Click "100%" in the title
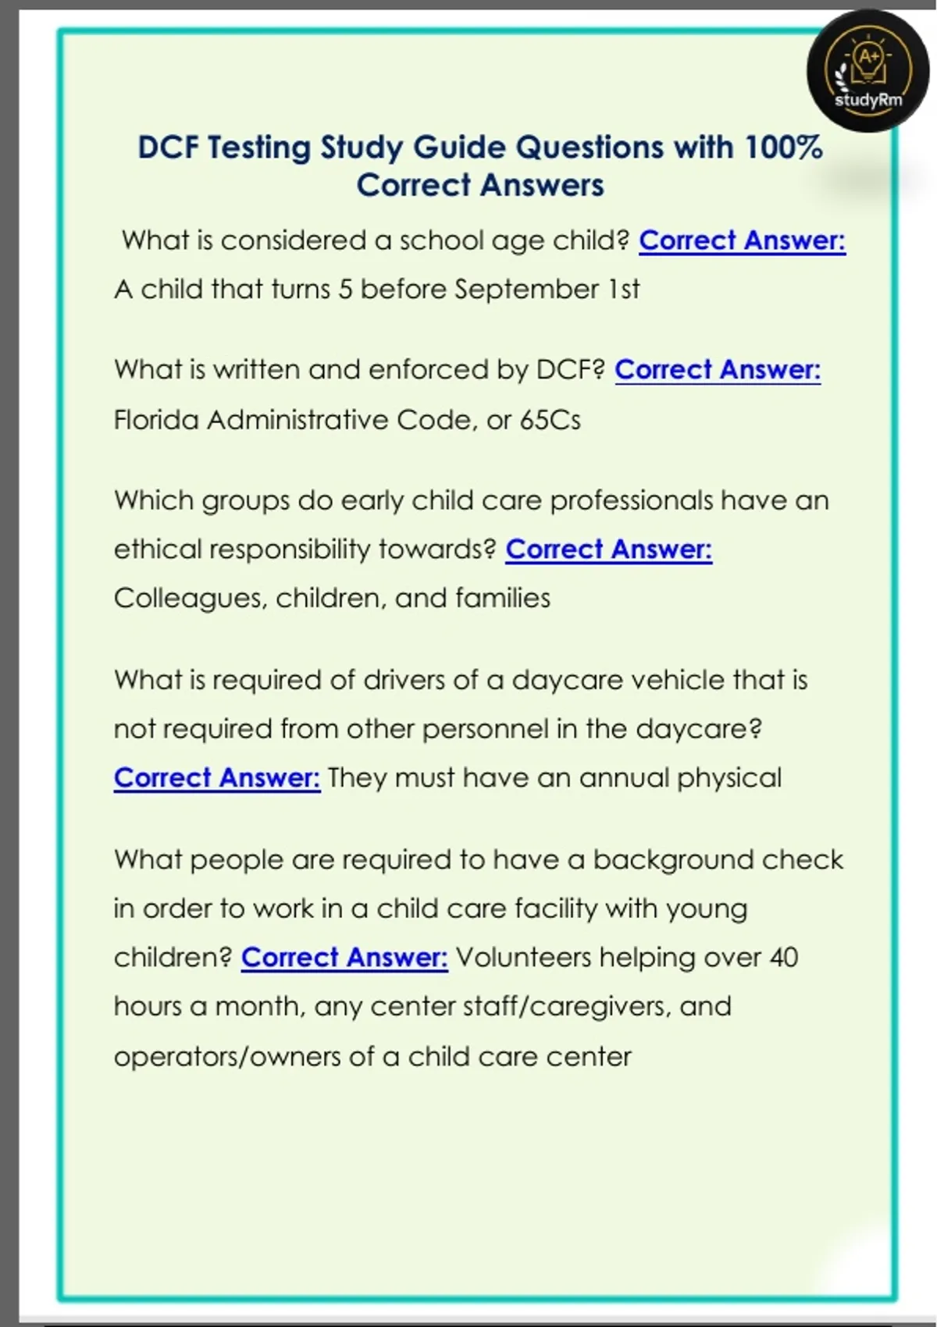tap(783, 148)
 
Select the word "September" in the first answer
tap(526, 290)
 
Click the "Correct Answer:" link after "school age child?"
tap(742, 240)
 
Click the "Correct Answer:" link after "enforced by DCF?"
tap(718, 369)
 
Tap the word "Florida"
tap(156, 420)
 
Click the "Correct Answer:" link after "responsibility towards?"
tap(608, 550)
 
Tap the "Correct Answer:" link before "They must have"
tap(217, 777)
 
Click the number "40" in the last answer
tap(783, 957)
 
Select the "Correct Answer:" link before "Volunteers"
tap(344, 957)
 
